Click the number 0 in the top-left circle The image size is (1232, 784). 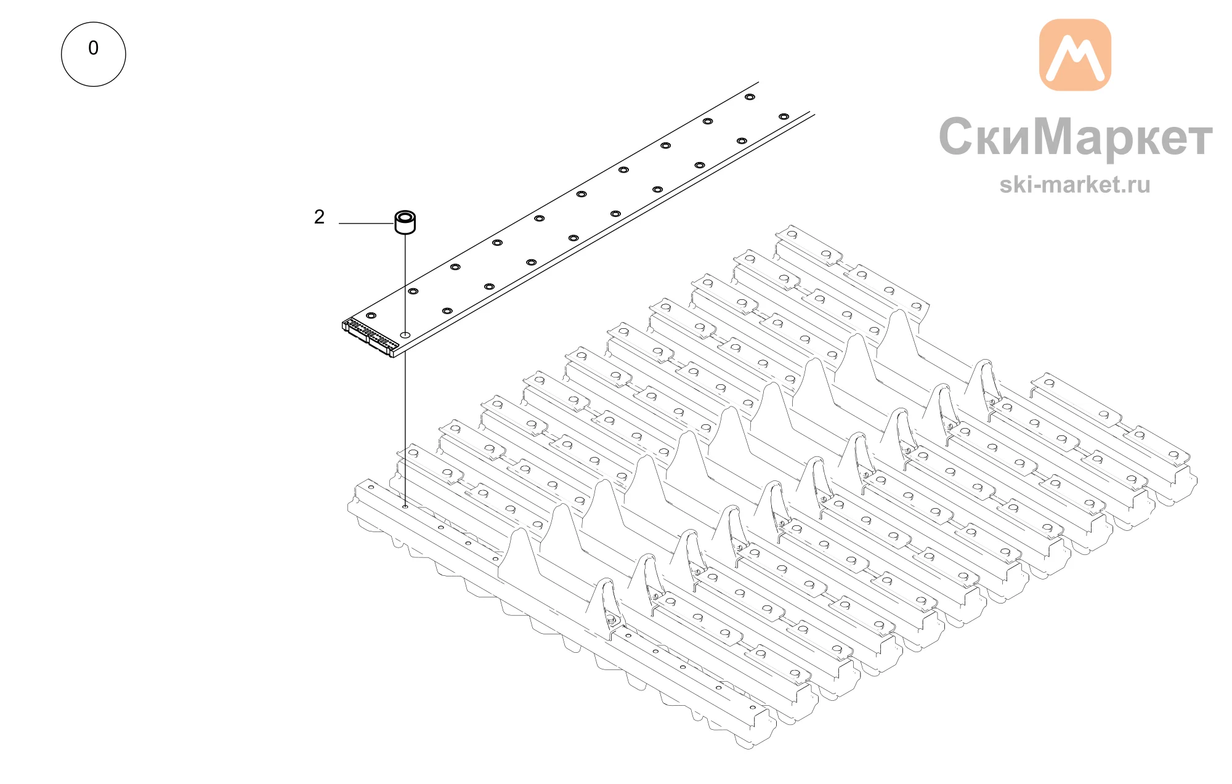[x=94, y=48]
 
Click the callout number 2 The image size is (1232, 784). [x=319, y=217]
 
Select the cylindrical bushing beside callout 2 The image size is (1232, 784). [x=405, y=222]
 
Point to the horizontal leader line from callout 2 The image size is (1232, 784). [x=367, y=224]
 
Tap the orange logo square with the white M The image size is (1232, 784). [x=1075, y=55]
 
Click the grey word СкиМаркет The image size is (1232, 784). [x=1076, y=137]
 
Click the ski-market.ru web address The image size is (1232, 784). [x=1075, y=184]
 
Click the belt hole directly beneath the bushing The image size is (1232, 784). [x=405, y=334]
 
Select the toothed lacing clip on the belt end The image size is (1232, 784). [x=370, y=337]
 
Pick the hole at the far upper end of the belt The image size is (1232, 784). [x=750, y=97]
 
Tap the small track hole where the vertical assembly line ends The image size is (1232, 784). [x=405, y=507]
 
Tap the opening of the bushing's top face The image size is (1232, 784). [x=405, y=217]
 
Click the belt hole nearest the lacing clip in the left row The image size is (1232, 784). [x=371, y=315]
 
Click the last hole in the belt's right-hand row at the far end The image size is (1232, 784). [x=784, y=116]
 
